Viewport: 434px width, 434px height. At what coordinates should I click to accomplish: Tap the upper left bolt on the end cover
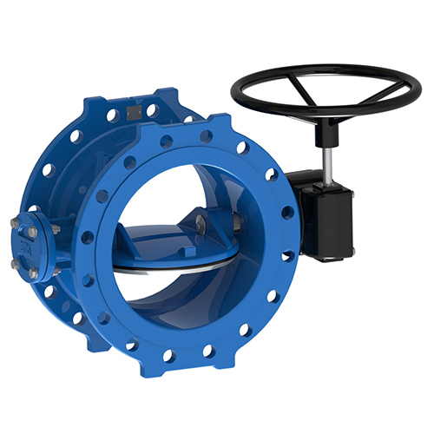15,222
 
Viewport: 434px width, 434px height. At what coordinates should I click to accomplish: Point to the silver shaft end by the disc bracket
237,224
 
